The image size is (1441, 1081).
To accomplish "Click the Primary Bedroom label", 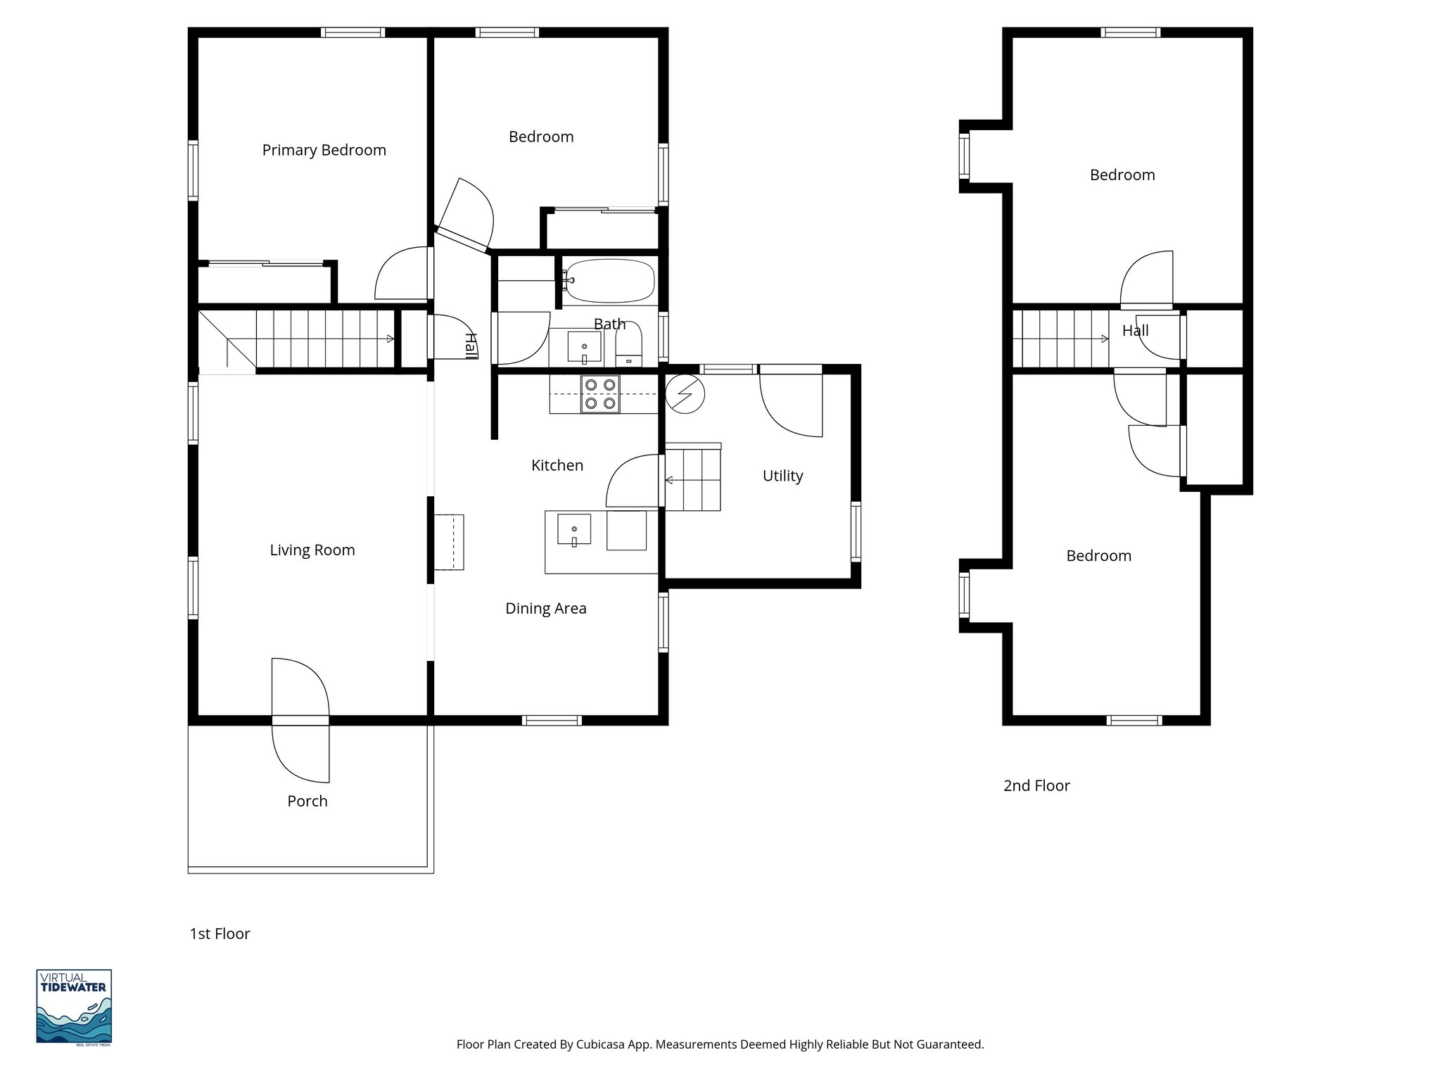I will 324,150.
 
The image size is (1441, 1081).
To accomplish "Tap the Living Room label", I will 312,550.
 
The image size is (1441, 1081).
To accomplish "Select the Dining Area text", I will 545,608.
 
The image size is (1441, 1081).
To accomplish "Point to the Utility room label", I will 782,476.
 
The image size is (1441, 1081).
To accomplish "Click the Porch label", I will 307,801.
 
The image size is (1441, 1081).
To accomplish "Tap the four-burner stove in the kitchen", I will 600,394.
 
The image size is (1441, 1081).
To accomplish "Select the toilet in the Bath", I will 628,346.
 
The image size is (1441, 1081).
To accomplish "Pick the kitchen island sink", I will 573,529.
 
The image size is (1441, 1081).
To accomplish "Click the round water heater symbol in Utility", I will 685,394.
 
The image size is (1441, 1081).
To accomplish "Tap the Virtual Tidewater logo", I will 74,1006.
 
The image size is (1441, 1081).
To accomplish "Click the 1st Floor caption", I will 220,934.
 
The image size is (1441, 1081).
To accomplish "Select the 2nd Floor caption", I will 1036,785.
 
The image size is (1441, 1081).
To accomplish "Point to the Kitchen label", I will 557,465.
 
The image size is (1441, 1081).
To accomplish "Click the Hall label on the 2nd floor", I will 1135,331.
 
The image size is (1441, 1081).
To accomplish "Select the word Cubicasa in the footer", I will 602,1044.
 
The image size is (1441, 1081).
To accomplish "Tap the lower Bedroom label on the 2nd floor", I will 1098,556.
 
